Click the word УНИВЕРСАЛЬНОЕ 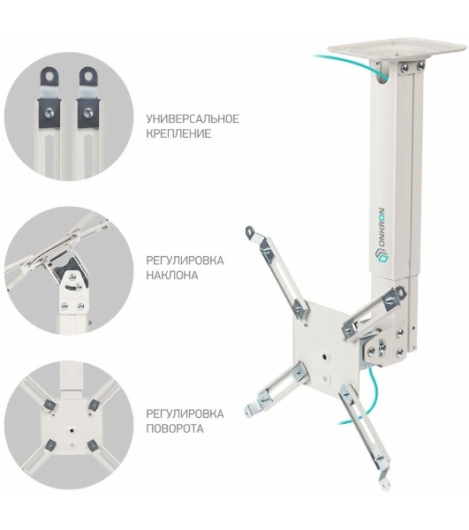(x=193, y=119)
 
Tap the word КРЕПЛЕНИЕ (x=178, y=133)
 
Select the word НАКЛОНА (x=172, y=275)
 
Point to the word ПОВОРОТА (x=175, y=428)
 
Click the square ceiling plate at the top (x=397, y=50)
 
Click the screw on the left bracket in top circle (x=49, y=110)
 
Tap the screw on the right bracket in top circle (x=87, y=110)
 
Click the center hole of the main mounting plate (x=325, y=356)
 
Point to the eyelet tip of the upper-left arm (x=250, y=231)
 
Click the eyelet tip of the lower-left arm (x=250, y=411)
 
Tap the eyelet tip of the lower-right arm (x=384, y=483)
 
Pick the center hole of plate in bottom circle (x=72, y=431)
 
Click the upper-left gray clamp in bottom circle (x=50, y=405)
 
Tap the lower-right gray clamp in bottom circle (x=92, y=445)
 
